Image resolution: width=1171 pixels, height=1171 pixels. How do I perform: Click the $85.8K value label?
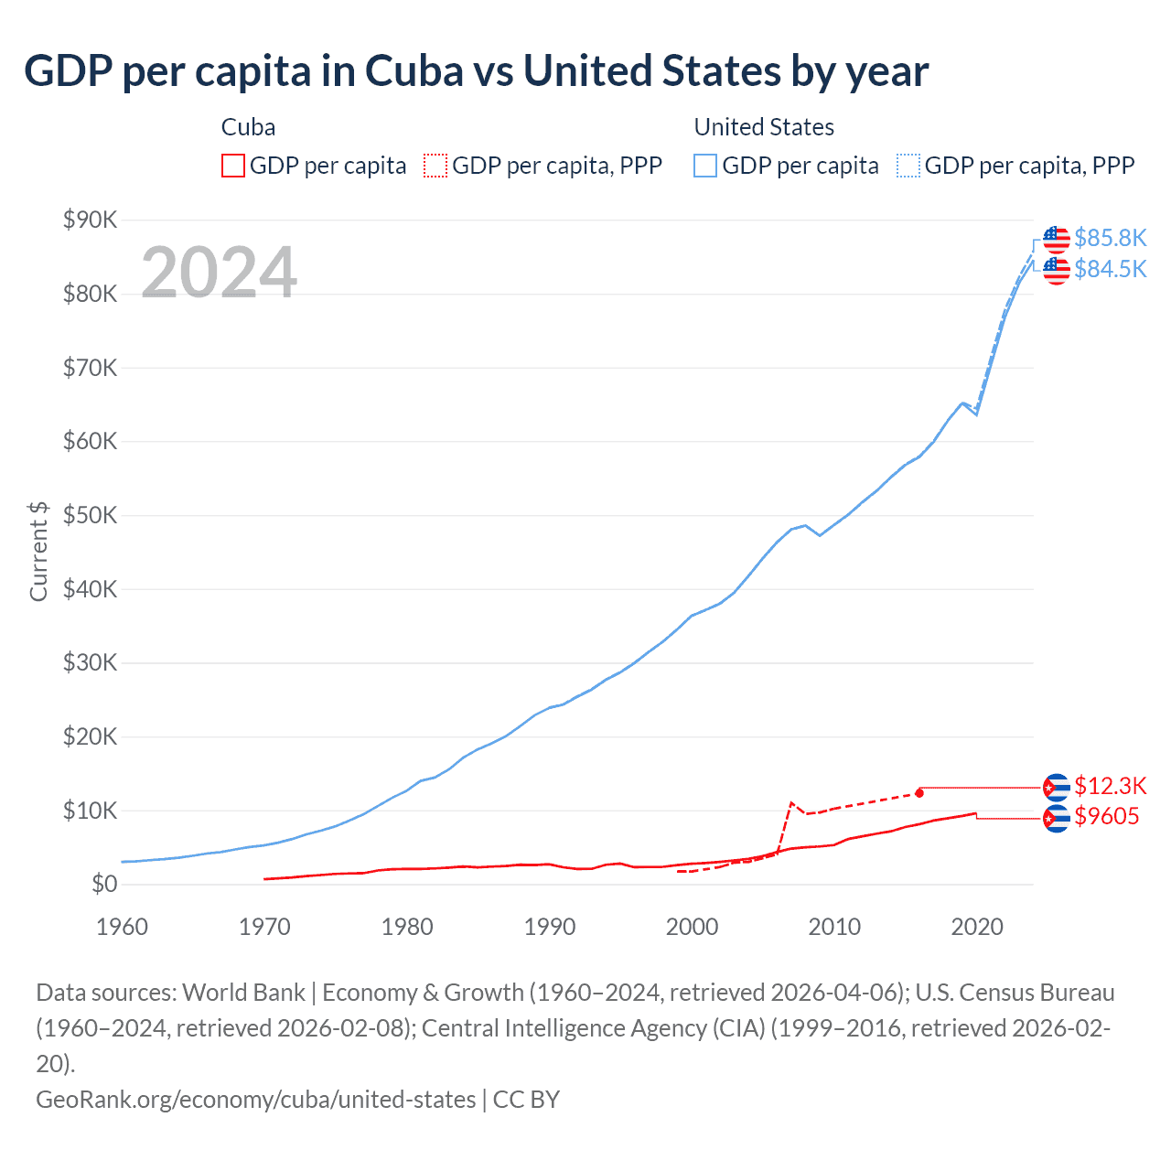1110,238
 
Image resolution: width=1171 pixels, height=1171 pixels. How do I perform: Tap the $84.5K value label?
1110,269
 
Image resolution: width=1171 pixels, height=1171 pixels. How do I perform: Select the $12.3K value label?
1110,786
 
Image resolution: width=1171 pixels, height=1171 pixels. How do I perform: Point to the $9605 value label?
1106,816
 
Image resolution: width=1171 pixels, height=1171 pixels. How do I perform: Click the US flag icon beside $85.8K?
1057,239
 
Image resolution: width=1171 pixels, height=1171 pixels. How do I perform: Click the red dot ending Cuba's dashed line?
919,793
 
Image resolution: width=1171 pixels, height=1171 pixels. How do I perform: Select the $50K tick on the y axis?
90,515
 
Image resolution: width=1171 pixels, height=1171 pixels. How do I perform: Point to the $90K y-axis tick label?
90,220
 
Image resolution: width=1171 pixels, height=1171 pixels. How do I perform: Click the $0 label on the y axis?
103,884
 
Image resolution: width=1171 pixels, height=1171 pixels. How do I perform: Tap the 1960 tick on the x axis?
122,927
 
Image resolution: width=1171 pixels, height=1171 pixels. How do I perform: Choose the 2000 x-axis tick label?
692,927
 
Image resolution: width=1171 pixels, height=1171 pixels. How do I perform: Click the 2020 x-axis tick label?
977,927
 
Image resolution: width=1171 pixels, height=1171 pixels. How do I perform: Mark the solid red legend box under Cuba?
233,166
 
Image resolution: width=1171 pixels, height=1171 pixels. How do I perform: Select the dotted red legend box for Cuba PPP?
435,166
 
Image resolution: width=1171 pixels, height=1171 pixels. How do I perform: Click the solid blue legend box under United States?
705,166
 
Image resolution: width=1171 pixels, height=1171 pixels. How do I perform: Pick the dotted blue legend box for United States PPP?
908,166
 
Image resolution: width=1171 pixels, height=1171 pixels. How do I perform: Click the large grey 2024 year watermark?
219,273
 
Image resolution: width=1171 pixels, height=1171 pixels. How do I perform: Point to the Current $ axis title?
38,552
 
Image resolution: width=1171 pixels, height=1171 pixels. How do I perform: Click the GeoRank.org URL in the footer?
255,1099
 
